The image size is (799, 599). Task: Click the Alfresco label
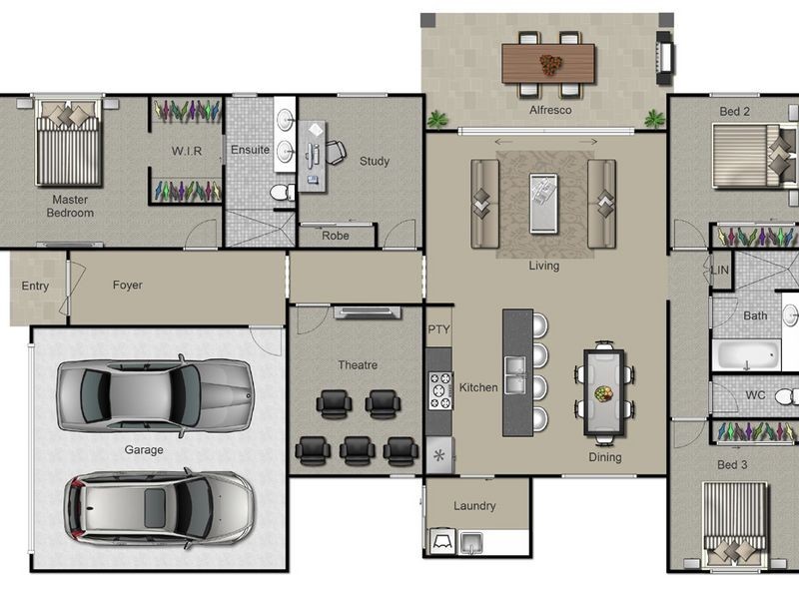[x=550, y=110]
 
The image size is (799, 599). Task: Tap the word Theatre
[x=358, y=365]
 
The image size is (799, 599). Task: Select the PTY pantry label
[x=438, y=329]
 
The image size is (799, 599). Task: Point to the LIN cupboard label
[x=719, y=270]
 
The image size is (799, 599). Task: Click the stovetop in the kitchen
[x=440, y=390]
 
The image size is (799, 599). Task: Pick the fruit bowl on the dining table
[x=604, y=393]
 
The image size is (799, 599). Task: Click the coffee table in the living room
[x=543, y=204]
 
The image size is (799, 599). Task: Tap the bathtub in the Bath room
[x=746, y=354]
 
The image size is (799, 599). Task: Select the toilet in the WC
[x=787, y=395]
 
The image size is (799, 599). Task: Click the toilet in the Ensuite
[x=282, y=193]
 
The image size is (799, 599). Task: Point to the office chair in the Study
[x=336, y=152]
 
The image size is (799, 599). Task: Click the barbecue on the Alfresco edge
[x=664, y=58]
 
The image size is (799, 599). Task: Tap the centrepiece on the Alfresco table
[x=550, y=65]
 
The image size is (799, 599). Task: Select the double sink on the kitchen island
[x=517, y=375]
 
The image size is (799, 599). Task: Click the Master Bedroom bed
[x=68, y=143]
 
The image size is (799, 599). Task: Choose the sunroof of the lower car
[x=155, y=508]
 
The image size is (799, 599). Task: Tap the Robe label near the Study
[x=336, y=236]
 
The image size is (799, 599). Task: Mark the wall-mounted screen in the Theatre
[x=367, y=311]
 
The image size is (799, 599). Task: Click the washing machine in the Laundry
[x=442, y=541]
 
